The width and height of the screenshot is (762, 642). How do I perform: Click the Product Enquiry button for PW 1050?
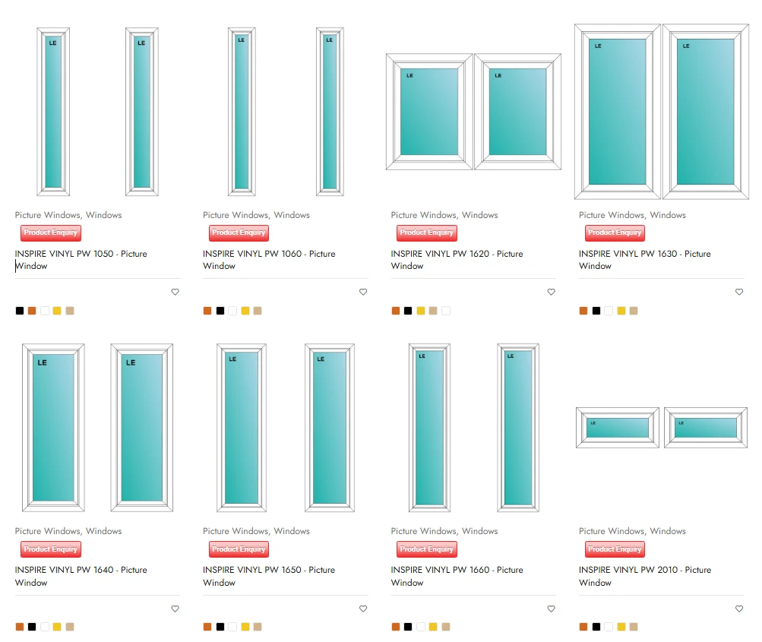51,232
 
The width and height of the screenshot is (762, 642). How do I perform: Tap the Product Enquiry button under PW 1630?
615,232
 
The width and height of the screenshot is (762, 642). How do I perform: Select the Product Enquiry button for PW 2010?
615,549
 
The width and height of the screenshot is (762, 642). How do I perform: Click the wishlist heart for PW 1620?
551,292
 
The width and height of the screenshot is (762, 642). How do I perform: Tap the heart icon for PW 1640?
175,609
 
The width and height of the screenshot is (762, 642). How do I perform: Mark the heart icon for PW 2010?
739,609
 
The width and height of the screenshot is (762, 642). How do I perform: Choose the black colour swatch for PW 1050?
20,311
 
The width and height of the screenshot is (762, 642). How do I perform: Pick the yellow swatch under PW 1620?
421,311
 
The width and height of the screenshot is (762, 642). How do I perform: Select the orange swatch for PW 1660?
396,627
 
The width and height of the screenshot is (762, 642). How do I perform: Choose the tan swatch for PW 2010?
634,627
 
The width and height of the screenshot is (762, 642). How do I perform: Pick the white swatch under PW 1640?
45,627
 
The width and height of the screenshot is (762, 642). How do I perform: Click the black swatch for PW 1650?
220,627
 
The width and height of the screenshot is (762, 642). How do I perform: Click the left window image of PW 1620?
429,112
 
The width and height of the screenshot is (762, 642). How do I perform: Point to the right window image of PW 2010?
706,428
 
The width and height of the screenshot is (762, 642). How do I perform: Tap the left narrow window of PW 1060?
242,112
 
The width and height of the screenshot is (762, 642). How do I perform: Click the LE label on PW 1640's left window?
43,362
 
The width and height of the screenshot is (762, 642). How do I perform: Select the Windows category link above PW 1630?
668,215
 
